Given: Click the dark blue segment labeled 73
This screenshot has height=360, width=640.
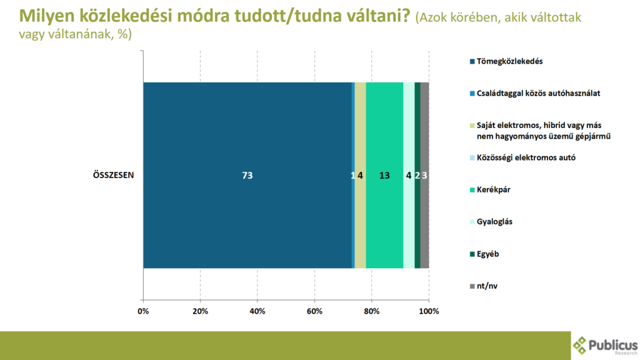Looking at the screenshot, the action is click(x=247, y=175).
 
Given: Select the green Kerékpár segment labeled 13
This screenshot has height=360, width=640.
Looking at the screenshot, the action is click(x=384, y=175).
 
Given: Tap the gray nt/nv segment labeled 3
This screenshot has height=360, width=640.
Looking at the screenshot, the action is click(x=424, y=175).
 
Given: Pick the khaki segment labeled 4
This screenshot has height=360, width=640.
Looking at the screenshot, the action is click(x=361, y=175).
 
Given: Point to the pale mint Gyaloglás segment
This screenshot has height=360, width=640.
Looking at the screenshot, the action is click(x=409, y=175).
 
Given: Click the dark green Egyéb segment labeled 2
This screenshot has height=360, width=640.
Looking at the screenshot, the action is click(x=417, y=175).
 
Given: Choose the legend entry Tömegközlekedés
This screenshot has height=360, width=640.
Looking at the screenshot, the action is click(x=506, y=61).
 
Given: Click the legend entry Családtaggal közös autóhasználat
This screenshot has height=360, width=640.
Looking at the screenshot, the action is click(x=535, y=94).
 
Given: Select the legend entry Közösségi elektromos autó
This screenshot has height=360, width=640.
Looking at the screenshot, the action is click(x=523, y=157).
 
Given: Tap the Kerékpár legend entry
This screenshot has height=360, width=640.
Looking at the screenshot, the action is click(x=490, y=190).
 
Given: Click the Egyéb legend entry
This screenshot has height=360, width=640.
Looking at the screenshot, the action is click(x=484, y=254).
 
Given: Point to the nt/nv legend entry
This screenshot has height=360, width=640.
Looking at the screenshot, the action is click(x=484, y=286).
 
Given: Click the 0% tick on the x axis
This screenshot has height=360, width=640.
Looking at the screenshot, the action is click(x=143, y=311).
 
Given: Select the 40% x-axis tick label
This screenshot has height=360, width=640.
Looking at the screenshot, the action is click(x=257, y=311).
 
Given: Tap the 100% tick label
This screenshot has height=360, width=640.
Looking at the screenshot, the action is click(x=429, y=311).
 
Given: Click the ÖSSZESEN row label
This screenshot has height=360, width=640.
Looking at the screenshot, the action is click(x=114, y=175).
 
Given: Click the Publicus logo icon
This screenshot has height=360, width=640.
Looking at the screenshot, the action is click(x=579, y=345).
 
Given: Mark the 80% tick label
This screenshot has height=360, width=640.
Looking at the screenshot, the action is click(x=371, y=311).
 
